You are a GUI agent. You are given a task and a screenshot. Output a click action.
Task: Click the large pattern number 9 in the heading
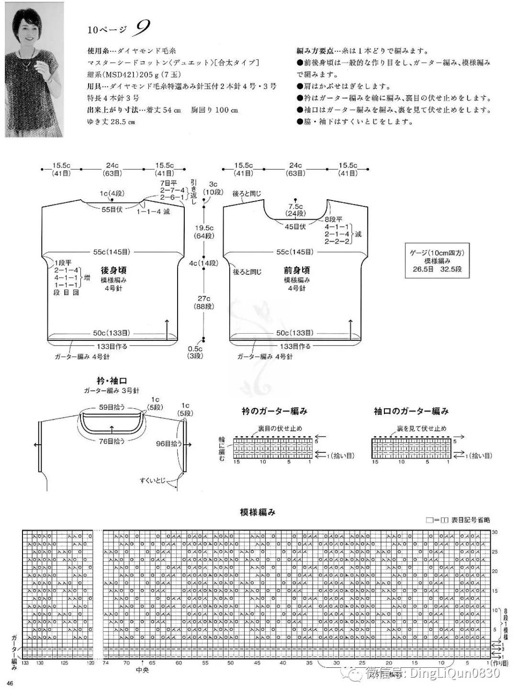142,29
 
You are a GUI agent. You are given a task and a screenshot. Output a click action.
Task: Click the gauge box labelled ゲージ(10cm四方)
437,261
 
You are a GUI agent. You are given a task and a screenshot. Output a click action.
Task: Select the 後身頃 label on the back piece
113,270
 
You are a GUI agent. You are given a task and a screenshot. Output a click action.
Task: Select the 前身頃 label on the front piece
296,270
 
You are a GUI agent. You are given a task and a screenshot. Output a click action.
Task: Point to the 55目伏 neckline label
112,209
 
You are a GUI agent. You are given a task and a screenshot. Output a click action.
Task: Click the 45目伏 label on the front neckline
295,226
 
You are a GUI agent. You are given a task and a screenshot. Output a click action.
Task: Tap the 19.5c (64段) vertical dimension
204,232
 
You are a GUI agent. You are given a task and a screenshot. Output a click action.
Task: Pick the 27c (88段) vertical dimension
204,302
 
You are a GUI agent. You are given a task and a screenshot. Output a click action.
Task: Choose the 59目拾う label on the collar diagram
112,407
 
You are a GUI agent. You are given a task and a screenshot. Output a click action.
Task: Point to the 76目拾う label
112,441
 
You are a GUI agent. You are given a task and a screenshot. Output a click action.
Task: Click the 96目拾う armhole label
169,444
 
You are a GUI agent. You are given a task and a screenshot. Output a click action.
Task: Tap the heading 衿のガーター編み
274,411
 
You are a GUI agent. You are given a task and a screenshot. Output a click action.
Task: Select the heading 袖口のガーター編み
411,411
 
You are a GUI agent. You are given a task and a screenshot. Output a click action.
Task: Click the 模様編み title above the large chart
258,512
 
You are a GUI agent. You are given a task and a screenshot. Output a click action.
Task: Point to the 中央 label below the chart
142,670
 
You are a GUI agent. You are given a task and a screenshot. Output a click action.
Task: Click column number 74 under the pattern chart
106,663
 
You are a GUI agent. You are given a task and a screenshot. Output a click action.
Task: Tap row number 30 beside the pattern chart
495,532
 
